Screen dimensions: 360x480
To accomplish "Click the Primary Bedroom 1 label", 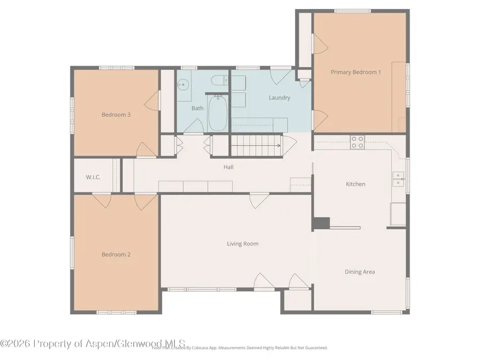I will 356,72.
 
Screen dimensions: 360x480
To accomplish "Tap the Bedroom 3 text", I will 116,115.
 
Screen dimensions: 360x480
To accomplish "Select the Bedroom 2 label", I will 116,254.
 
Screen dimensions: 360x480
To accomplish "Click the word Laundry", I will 279,98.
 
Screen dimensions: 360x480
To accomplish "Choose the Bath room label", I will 197,108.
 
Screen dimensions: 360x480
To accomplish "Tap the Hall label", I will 228,167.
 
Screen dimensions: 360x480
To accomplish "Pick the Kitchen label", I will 356,184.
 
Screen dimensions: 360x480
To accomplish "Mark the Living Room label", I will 243,244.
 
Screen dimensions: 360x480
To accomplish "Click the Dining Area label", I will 360,271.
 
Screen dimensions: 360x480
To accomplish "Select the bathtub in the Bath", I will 217,113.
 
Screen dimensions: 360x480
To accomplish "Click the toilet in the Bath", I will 218,82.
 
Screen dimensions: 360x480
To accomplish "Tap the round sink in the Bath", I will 183,84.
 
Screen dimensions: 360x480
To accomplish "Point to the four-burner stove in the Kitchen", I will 357,142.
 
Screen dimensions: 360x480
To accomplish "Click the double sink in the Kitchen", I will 398,179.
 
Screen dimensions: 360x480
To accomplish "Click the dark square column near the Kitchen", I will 321,223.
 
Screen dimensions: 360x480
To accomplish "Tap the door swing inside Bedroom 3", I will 153,100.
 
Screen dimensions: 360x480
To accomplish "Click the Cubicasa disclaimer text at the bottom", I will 240,348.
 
